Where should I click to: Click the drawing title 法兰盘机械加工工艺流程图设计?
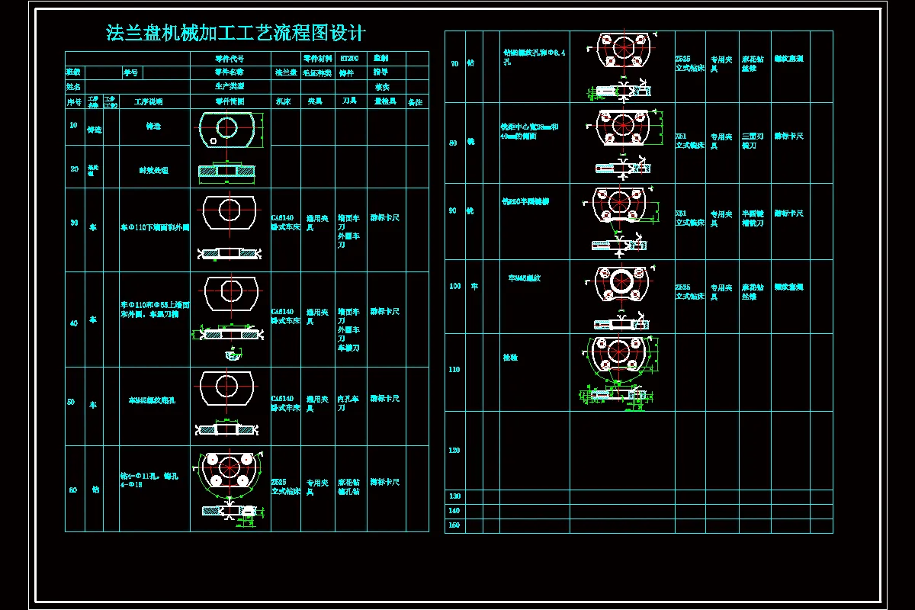tap(236, 34)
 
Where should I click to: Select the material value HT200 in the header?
tap(349, 58)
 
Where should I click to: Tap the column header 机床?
tap(282, 101)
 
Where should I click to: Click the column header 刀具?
tap(349, 101)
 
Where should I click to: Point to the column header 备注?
tap(415, 102)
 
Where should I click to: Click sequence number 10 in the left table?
tap(74, 125)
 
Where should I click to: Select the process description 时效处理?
tap(153, 170)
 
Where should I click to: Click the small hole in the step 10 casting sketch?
tap(214, 140)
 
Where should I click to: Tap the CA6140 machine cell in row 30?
tap(284, 222)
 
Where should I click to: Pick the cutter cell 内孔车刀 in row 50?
tap(349, 403)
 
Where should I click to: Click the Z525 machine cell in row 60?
tap(284, 486)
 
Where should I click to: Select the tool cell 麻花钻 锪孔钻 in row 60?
tap(349, 486)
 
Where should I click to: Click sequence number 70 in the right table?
tap(454, 64)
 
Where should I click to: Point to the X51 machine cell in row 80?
tap(689, 140)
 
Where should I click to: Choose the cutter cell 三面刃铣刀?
tap(753, 140)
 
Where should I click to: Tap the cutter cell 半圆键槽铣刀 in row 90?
tap(753, 218)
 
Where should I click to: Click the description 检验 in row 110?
tap(510, 357)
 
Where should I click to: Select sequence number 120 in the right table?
tap(454, 450)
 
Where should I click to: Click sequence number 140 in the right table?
tap(454, 510)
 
